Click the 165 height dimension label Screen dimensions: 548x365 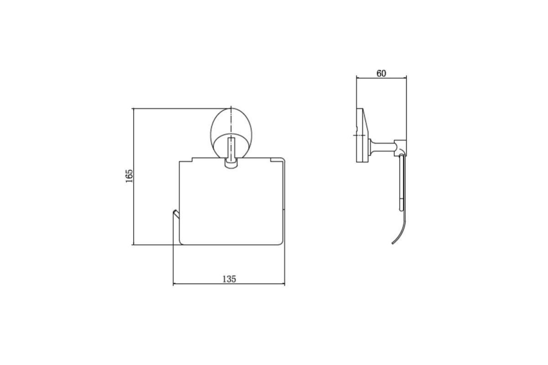[x=129, y=176]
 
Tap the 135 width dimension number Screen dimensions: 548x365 [x=229, y=279]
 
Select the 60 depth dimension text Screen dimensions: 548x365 [x=381, y=73]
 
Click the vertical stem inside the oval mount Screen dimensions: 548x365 [x=231, y=149]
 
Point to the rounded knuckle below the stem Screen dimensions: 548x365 [x=231, y=164]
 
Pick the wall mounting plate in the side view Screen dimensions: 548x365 [x=362, y=135]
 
